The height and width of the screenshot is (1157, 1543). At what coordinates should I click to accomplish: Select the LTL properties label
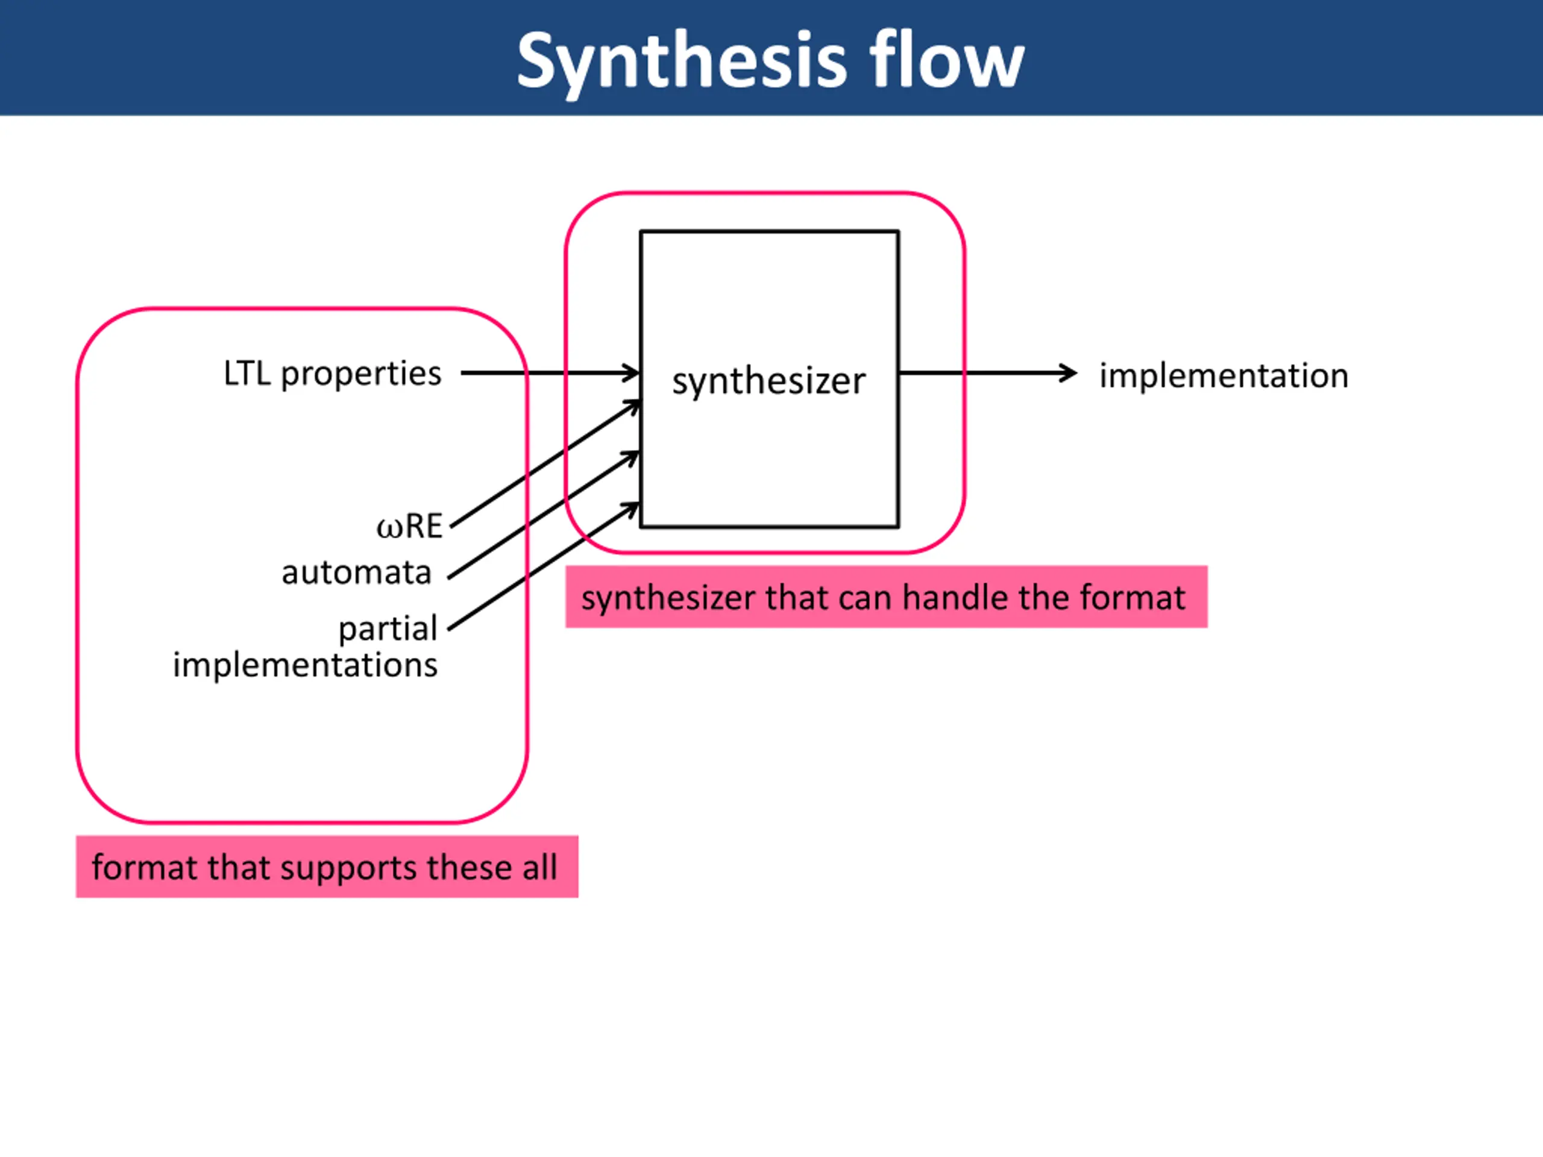click(332, 374)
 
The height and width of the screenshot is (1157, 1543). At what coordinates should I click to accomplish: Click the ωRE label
click(409, 527)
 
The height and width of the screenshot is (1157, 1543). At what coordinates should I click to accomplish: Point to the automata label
click(356, 573)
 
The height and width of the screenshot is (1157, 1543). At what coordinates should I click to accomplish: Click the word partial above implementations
click(388, 629)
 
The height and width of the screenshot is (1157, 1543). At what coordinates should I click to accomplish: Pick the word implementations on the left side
click(306, 665)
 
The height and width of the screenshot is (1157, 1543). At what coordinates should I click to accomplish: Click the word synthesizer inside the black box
click(768, 382)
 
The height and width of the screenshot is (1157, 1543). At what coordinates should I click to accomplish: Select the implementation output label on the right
click(1224, 377)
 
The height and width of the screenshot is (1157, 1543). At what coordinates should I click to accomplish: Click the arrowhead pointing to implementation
click(1069, 373)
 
